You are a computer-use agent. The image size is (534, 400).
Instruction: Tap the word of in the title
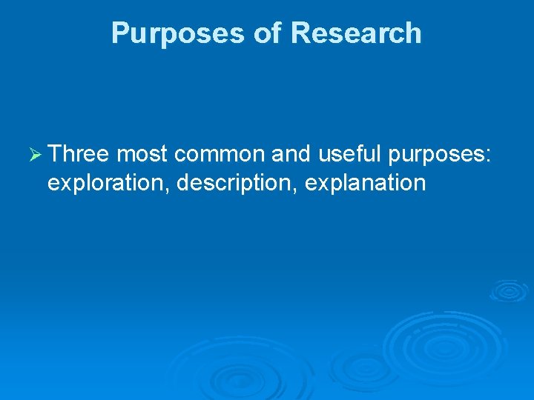266,33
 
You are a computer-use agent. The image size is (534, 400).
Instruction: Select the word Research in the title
356,33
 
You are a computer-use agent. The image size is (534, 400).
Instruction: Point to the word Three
79,154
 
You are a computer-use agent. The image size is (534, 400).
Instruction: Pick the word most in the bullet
142,154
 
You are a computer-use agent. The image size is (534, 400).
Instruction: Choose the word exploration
110,183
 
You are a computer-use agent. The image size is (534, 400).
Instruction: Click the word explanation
365,183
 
